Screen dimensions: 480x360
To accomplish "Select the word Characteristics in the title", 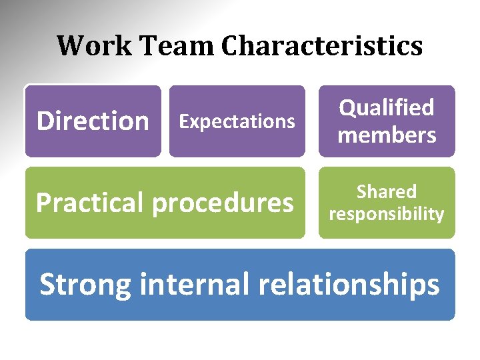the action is coord(323,46).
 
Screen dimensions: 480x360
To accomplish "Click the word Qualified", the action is coord(387,107).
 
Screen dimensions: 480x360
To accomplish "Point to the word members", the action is coord(387,135).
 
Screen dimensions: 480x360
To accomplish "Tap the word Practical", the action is coord(90,203).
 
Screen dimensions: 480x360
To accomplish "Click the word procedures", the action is coord(223,203).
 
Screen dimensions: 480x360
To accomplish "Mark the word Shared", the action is coord(387,192).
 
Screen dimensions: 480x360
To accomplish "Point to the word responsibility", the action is coord(387,214).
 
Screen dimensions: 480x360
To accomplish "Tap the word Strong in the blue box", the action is coord(85,285).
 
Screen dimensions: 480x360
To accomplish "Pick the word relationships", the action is coord(349,285).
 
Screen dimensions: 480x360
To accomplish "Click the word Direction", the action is coord(93,121).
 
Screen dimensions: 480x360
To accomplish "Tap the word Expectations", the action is coord(237,121).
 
